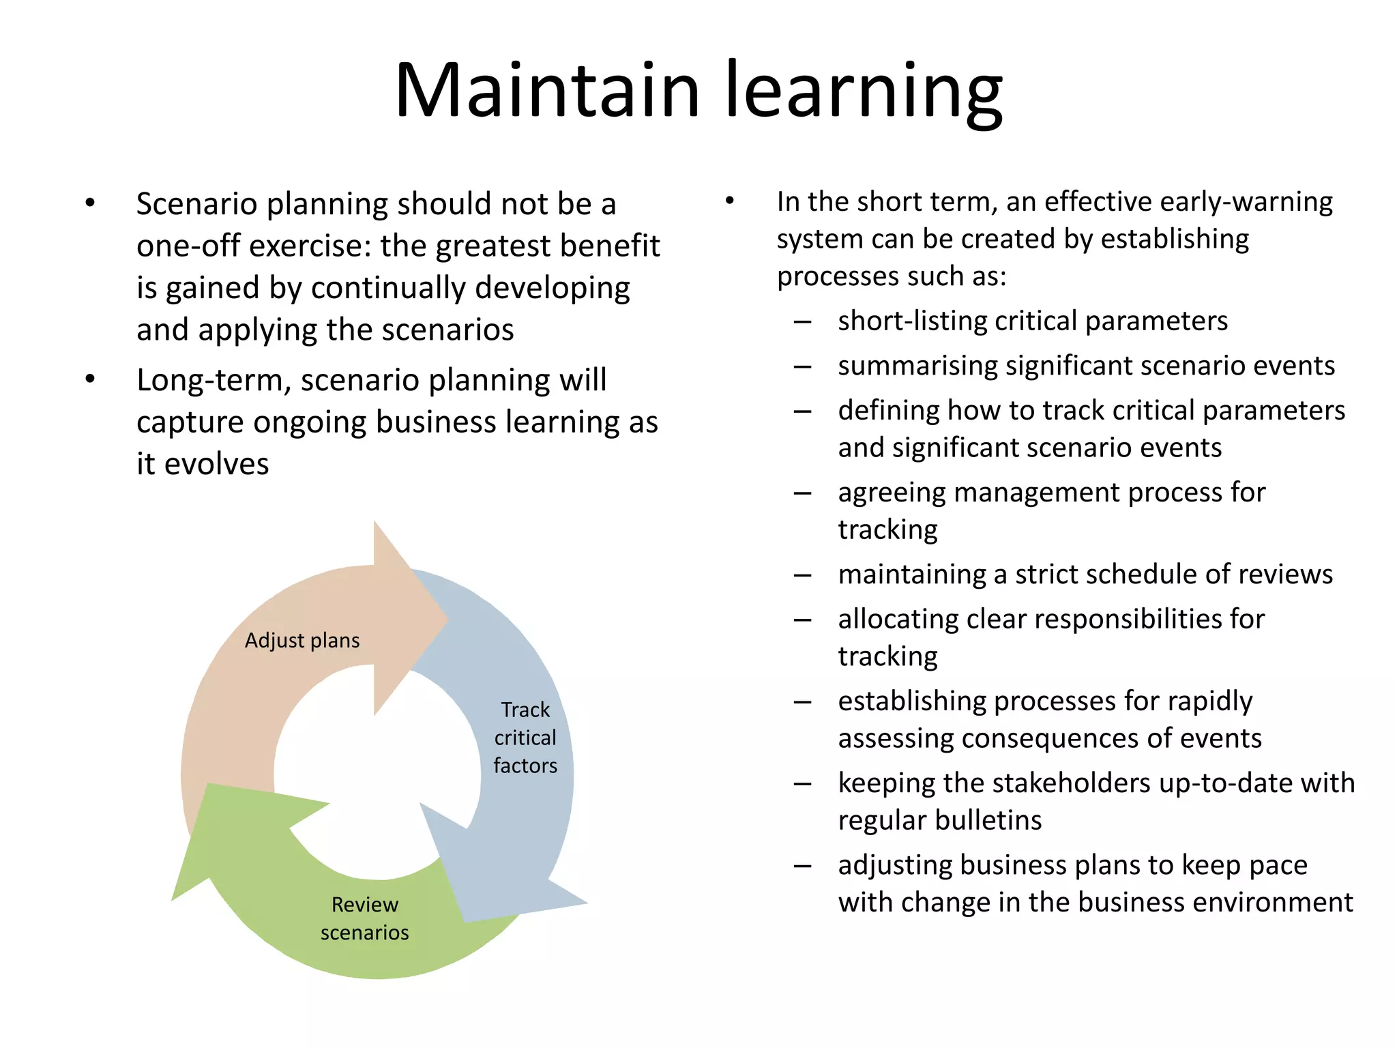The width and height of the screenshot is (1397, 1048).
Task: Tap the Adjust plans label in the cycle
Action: [x=302, y=641]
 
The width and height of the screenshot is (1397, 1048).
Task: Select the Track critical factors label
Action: [x=525, y=738]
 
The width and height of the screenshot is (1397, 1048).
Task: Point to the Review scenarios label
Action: [x=365, y=918]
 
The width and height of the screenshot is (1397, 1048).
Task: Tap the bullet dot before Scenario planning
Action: [x=90, y=203]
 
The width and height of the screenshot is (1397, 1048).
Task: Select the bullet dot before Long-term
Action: [x=90, y=379]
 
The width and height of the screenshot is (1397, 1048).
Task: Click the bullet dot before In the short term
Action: [x=729, y=201]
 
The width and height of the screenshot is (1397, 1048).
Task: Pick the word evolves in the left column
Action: [x=217, y=464]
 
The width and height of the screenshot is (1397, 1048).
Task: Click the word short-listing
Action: [x=911, y=321]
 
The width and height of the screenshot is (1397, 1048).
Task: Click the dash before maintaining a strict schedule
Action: [x=802, y=575]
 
